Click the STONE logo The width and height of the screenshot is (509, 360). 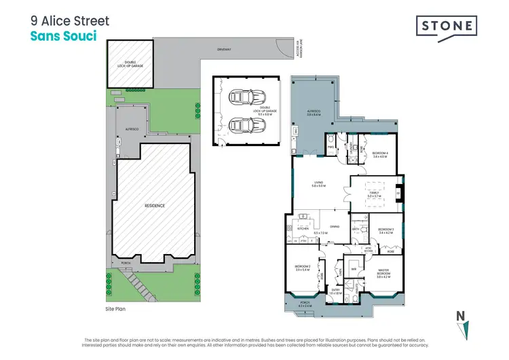coord(446,26)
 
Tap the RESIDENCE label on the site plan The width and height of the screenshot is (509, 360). coord(156,205)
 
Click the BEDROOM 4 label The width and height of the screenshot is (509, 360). coord(379,154)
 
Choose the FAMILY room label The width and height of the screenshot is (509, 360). coord(374,192)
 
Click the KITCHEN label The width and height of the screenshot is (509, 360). coord(303,228)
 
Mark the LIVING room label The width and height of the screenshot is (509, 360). coord(318,182)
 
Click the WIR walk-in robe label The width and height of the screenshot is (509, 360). coord(353,267)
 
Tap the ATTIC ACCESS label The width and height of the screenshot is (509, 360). coord(369,250)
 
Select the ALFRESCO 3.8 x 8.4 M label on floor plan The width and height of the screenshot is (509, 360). coord(313,113)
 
